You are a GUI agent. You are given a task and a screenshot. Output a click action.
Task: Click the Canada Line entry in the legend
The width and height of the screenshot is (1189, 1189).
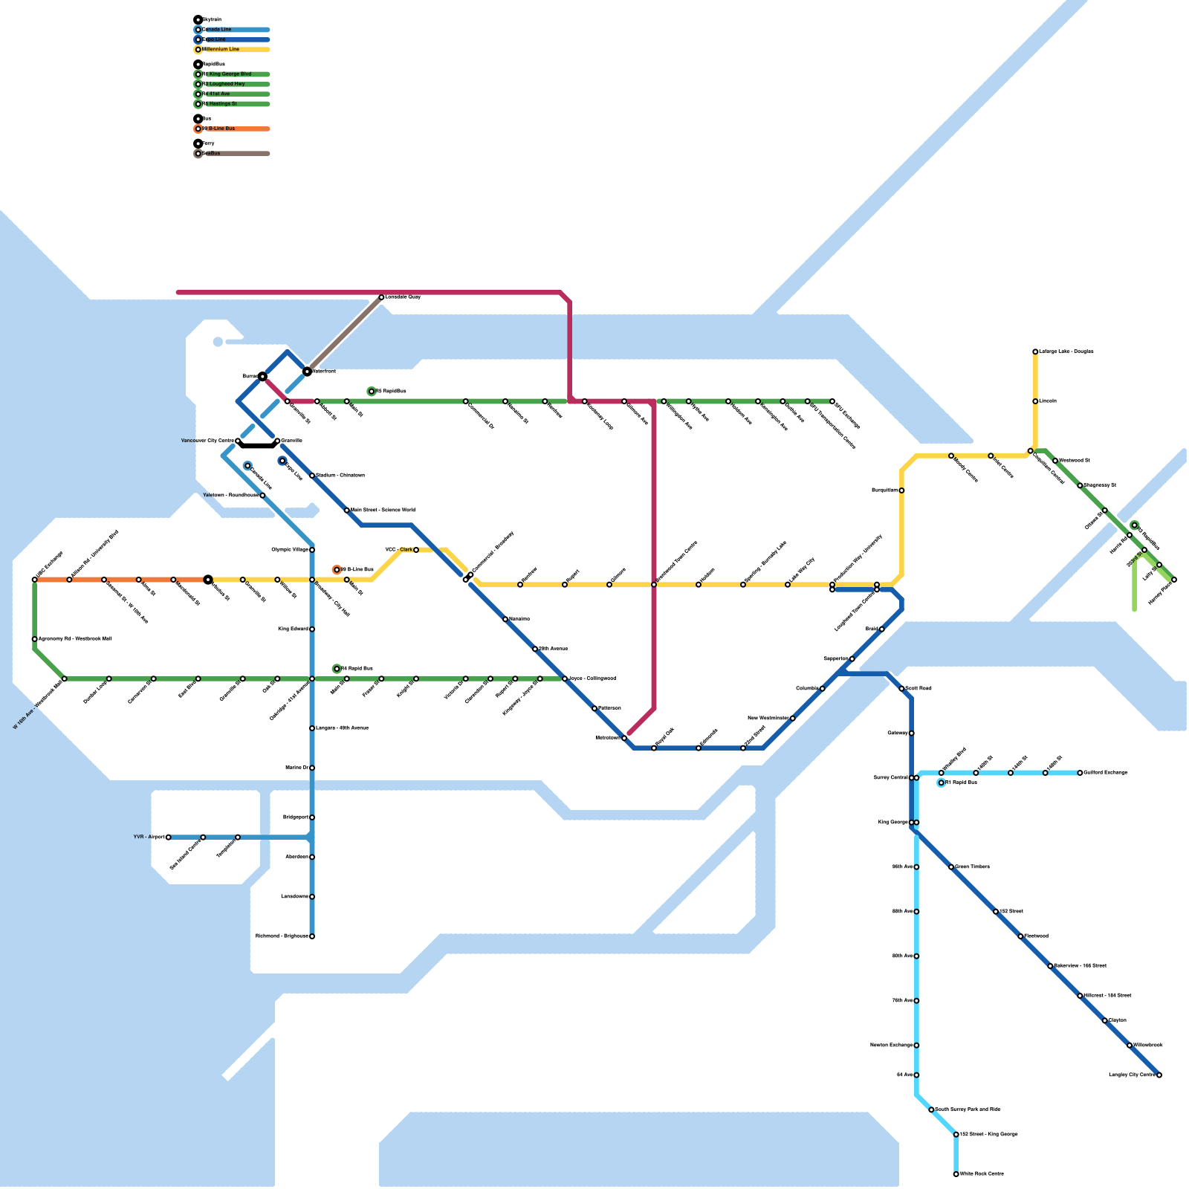(x=217, y=30)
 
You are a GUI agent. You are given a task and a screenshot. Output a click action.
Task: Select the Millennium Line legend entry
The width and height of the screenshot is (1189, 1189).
(x=221, y=50)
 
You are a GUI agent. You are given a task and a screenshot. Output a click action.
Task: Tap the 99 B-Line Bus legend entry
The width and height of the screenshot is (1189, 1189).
(x=221, y=129)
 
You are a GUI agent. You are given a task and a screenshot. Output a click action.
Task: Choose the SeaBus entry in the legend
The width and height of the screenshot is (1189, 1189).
(x=211, y=154)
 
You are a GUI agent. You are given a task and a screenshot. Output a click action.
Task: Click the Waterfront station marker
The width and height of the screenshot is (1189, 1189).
(x=307, y=371)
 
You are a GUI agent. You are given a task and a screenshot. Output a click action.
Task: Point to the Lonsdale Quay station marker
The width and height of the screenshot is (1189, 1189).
(x=381, y=297)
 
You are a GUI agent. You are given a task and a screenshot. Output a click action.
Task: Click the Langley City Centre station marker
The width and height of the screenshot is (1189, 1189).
(x=1159, y=1075)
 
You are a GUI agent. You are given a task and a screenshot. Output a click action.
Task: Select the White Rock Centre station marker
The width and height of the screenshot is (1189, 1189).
(x=956, y=1174)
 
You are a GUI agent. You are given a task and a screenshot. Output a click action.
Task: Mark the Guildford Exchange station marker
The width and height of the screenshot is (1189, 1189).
(x=1080, y=773)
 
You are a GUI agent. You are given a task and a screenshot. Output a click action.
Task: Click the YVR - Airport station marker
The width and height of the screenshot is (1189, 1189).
(x=169, y=838)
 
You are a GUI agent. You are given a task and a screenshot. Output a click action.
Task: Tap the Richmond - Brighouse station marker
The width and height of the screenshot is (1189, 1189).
(x=312, y=936)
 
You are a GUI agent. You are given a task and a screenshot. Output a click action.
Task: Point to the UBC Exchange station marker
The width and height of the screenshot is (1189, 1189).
(x=35, y=580)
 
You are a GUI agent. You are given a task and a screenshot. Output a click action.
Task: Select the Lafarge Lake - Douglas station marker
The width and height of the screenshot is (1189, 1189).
(x=1035, y=351)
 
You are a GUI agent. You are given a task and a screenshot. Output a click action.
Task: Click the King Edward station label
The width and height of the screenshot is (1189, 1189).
(x=293, y=629)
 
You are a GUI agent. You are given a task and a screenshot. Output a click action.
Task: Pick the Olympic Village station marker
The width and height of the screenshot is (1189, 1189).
(x=312, y=550)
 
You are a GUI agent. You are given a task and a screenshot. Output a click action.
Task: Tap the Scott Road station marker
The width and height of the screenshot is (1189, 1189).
(x=901, y=689)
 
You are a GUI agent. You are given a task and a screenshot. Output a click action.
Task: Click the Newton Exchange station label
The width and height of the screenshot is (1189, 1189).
(x=891, y=1046)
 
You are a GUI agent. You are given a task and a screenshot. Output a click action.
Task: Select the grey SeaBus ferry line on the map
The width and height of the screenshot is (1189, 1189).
(x=344, y=334)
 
